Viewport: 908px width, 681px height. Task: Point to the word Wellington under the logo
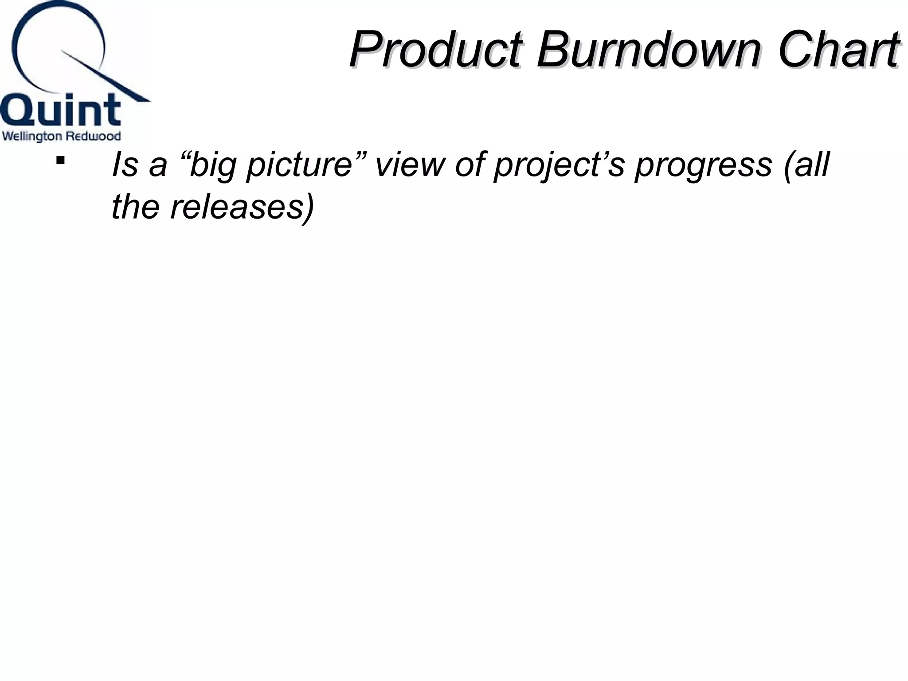tap(31, 137)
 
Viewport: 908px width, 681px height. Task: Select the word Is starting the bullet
tap(125, 164)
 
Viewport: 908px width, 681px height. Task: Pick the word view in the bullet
tap(410, 164)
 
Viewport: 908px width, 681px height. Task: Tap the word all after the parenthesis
tap(811, 164)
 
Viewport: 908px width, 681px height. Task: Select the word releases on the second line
tap(237, 207)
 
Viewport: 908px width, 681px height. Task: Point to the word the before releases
tap(135, 207)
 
